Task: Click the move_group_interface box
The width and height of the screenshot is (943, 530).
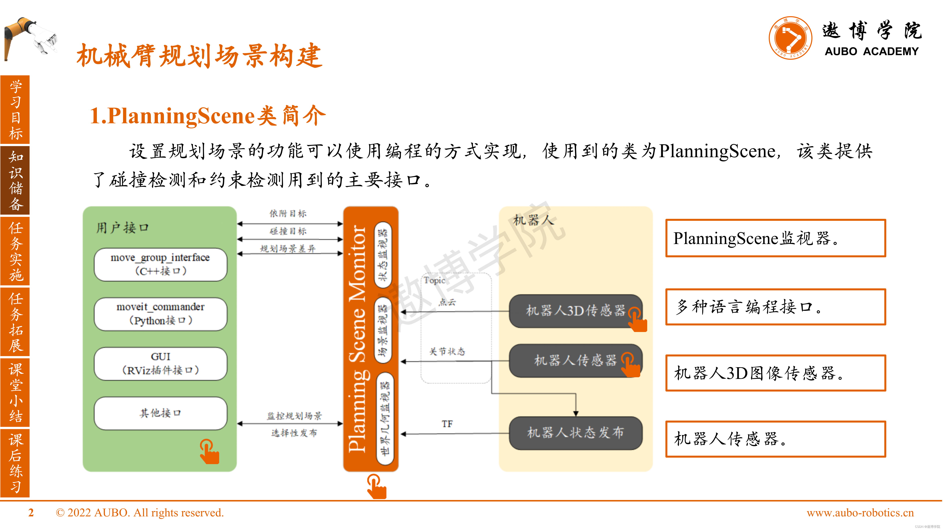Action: pyautogui.click(x=160, y=264)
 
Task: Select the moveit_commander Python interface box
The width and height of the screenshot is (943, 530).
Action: pyautogui.click(x=160, y=314)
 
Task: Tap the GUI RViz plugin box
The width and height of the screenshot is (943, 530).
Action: pyautogui.click(x=160, y=364)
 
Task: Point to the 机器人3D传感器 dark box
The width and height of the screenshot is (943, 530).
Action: pyautogui.click(x=575, y=311)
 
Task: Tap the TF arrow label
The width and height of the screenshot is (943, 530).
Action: pyautogui.click(x=447, y=424)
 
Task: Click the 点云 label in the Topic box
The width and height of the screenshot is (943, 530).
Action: pyautogui.click(x=447, y=302)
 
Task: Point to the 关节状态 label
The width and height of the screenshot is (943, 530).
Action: pyautogui.click(x=447, y=351)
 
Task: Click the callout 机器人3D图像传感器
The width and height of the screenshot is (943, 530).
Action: pyautogui.click(x=775, y=373)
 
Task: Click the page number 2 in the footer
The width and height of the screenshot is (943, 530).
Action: pyautogui.click(x=31, y=513)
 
